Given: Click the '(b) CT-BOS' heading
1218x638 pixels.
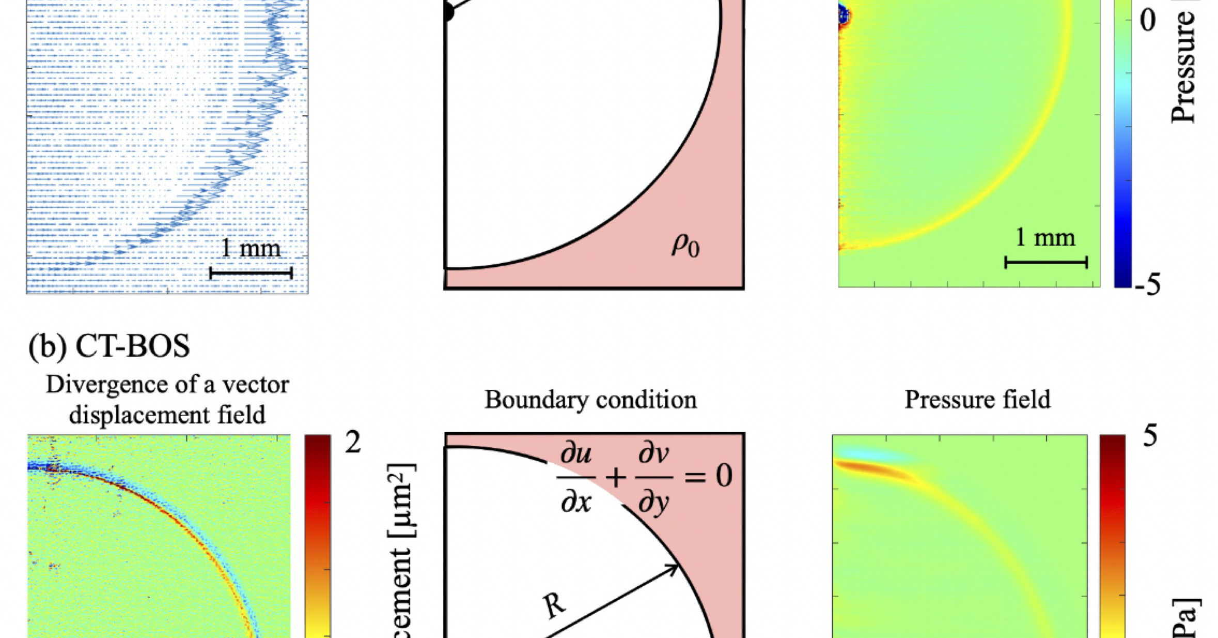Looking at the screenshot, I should click(109, 346).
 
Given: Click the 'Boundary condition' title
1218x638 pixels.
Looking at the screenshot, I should click(590, 400).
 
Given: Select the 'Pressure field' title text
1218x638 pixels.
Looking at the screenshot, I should click(977, 400).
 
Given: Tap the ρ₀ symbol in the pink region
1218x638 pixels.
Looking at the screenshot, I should click(685, 246).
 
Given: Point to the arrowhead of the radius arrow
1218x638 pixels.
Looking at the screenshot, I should click(674, 569).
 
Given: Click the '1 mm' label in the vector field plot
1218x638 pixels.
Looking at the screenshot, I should click(251, 248).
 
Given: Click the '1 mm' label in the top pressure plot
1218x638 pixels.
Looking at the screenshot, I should click(1045, 237).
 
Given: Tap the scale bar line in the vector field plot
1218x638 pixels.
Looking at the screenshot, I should click(251, 272).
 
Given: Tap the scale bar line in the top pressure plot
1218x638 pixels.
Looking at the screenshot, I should click(1046, 262).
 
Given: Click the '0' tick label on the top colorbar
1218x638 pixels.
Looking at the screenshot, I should click(1147, 21).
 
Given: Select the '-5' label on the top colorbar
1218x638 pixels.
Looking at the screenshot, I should click(1147, 285).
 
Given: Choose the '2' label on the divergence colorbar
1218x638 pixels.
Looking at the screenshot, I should click(353, 443).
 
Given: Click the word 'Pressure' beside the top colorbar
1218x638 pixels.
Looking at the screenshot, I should click(1183, 67).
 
